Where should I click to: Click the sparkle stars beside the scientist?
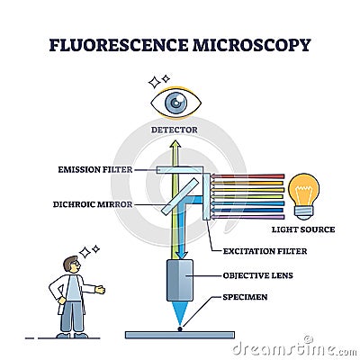coord(91,247)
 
